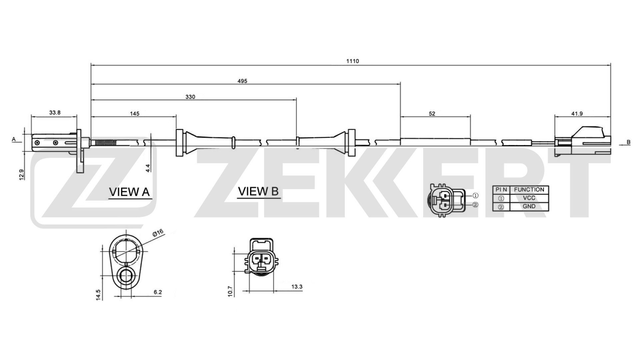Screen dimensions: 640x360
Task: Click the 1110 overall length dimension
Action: pos(353,61)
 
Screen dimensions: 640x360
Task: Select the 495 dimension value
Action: pos(242,81)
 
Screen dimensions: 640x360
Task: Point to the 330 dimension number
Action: pos(190,97)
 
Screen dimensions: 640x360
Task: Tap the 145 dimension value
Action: pos(134,114)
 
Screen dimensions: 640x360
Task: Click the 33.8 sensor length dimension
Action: pos(55,113)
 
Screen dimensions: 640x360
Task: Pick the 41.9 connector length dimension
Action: pos(577,114)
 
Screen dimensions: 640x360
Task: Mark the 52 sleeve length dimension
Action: pos(432,114)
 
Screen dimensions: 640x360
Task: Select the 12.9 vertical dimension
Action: pos(21,174)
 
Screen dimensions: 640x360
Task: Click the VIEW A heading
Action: pos(129,192)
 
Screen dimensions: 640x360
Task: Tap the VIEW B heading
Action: pos(258,191)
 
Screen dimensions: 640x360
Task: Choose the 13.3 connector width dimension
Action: pos(297,287)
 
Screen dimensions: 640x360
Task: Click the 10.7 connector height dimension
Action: pos(230,291)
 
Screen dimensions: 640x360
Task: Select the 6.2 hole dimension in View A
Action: pos(158,292)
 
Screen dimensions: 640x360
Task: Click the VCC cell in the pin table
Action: pos(529,198)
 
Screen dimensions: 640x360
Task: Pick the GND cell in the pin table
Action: pos(529,206)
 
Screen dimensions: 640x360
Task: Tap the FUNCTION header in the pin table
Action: pos(529,190)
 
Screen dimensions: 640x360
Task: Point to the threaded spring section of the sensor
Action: pos(106,143)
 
